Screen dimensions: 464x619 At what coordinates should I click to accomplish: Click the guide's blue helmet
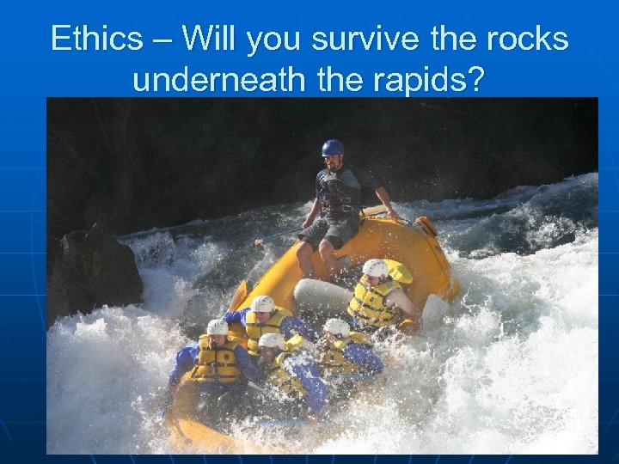[333, 147]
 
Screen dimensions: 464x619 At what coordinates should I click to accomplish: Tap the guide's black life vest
[338, 192]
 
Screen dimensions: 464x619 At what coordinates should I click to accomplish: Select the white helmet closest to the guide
[375, 268]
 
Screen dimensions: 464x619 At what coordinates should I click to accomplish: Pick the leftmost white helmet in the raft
[218, 327]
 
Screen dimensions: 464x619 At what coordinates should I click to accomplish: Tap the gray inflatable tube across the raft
[322, 296]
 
